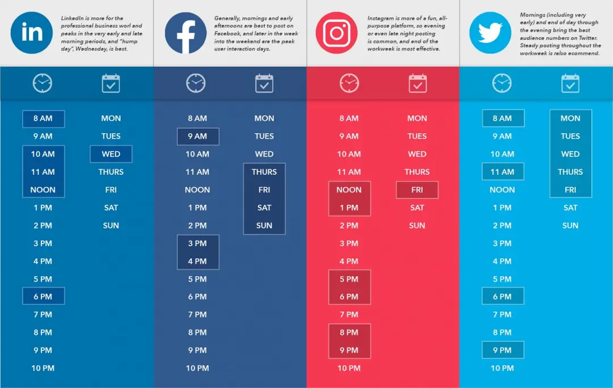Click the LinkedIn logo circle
tap(32, 32)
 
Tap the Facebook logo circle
tap(186, 33)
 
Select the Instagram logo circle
tap(337, 33)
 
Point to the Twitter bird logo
tap(490, 33)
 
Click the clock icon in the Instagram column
tap(349, 83)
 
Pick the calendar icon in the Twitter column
tap(570, 83)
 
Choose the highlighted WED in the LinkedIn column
tap(111, 154)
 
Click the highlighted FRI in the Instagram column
tap(417, 189)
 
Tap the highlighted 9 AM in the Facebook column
tap(198, 136)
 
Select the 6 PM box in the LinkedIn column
tap(43, 296)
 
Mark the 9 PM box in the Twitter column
tap(503, 350)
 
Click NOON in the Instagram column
tap(349, 189)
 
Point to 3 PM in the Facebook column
tap(198, 243)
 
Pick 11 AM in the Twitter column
tap(503, 172)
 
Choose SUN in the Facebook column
tap(264, 225)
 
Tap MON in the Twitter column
tap(570, 119)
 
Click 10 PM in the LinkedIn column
tap(43, 368)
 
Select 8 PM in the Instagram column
tap(349, 332)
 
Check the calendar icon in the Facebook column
tap(264, 83)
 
